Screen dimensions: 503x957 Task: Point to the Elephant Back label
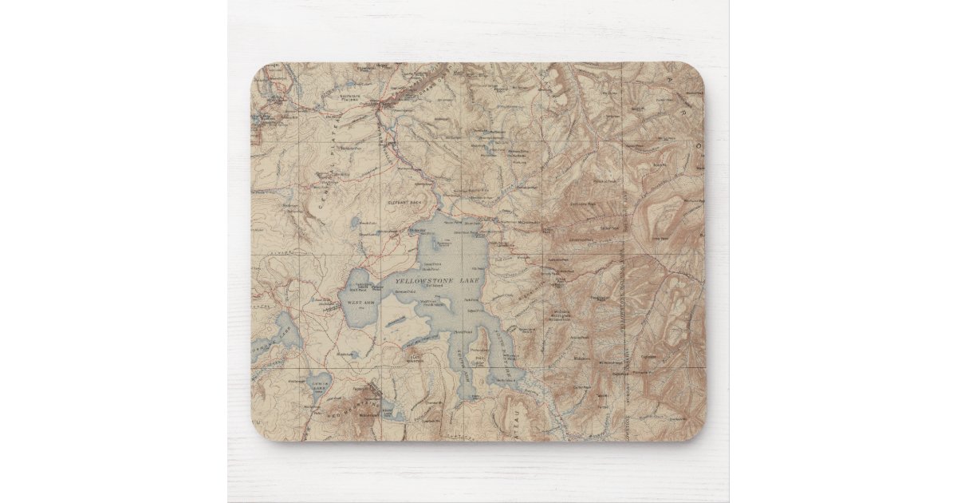[403, 203]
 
